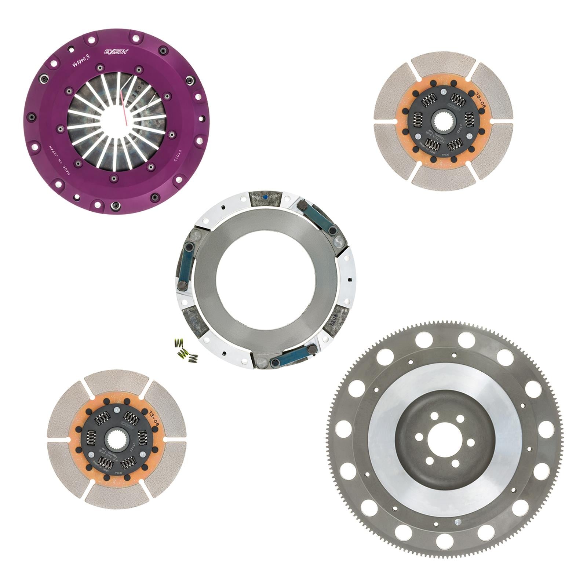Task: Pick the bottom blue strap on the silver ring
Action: tap(292, 357)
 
